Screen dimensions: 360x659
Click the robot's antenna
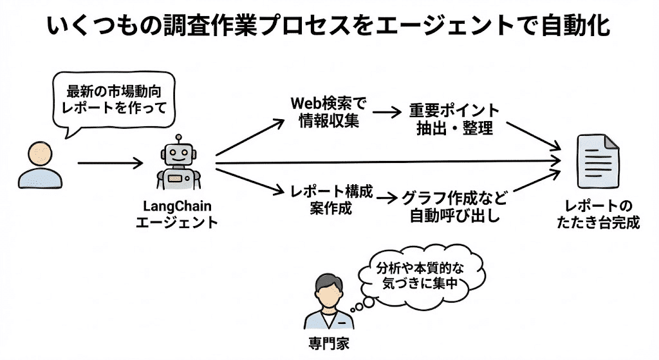click(x=179, y=138)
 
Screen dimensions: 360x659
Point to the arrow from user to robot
click(x=110, y=164)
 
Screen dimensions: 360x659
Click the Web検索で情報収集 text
click(x=329, y=112)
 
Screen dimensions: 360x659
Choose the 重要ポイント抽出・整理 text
click(x=454, y=118)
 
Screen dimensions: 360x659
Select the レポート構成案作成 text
click(x=332, y=199)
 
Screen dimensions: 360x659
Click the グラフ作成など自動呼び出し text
click(x=454, y=206)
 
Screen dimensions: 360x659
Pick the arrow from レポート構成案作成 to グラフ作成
click(x=387, y=199)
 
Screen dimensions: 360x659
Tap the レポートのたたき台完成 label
click(x=598, y=214)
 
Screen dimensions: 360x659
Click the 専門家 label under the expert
click(x=328, y=343)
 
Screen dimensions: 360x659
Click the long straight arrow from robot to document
click(x=386, y=164)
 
